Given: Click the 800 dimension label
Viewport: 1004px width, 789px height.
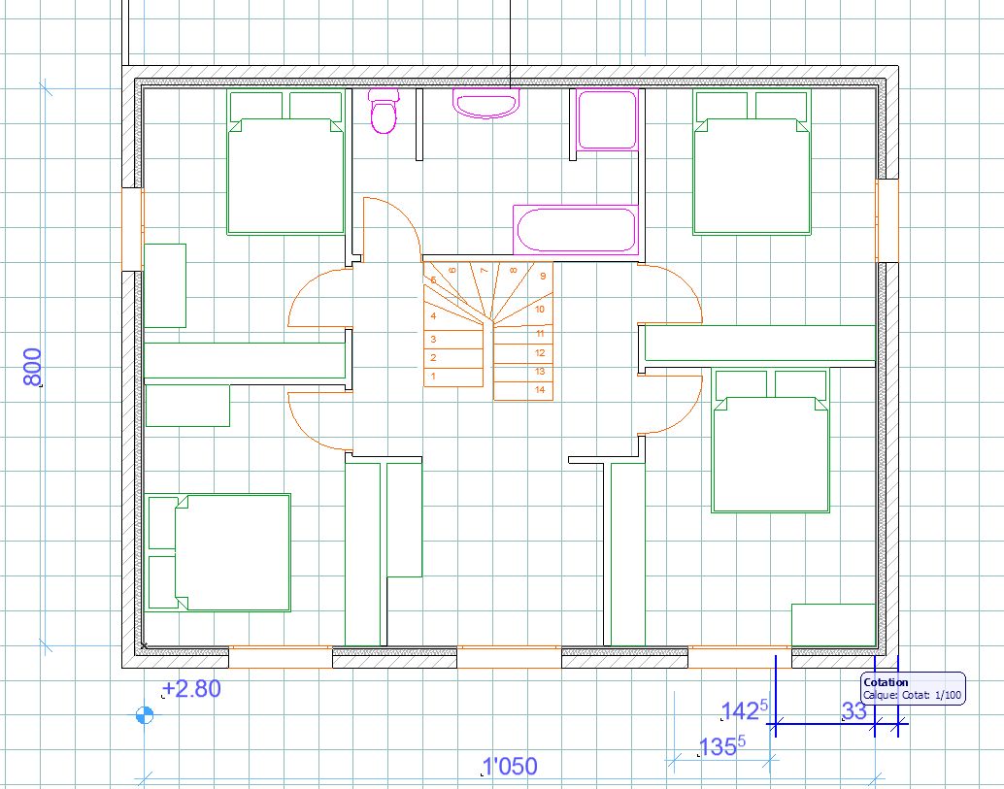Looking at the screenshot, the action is tap(32, 367).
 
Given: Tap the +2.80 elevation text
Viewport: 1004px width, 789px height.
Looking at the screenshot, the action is tap(191, 688).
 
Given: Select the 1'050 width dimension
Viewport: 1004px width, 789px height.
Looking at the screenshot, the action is tap(510, 766).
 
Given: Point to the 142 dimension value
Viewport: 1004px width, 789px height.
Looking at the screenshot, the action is tap(744, 709).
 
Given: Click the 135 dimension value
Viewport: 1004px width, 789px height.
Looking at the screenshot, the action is tap(721, 746).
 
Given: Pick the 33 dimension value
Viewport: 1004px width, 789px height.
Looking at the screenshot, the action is tap(854, 711).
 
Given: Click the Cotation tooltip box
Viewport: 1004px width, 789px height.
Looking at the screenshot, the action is tap(913, 688).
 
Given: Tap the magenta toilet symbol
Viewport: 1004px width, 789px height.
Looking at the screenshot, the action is tap(384, 111).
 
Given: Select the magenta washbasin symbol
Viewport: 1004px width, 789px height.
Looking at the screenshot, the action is tap(486, 103).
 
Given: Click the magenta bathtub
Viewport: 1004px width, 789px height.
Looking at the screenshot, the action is tap(576, 230).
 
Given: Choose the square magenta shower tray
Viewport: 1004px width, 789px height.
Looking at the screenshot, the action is tap(608, 119).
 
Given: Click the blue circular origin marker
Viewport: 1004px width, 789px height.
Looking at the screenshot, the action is tap(145, 715).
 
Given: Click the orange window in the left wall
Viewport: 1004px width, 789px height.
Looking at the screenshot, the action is tap(133, 229).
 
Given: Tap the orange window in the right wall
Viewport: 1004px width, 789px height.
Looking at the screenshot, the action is tap(887, 220).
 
